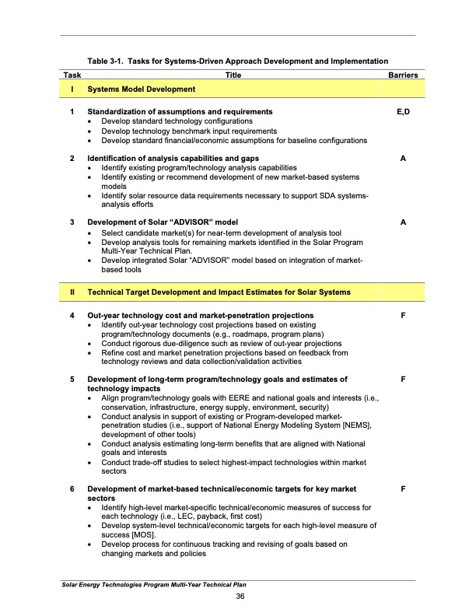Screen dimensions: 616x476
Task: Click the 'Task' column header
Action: pyautogui.click(x=72, y=75)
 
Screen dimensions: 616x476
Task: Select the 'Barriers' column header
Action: pyautogui.click(x=403, y=75)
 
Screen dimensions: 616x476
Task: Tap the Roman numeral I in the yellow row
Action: pyautogui.click(x=72, y=90)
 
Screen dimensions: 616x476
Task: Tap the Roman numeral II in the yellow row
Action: pyautogui.click(x=72, y=292)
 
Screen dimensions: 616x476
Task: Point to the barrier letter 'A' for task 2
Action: pyautogui.click(x=403, y=158)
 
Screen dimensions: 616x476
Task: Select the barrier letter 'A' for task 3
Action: pyautogui.click(x=403, y=222)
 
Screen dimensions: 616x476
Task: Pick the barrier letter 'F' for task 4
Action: pyautogui.click(x=403, y=314)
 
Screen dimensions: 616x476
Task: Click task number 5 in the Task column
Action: pyautogui.click(x=72, y=379)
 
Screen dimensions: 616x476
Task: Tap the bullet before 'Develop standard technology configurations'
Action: pyautogui.click(x=93, y=122)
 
